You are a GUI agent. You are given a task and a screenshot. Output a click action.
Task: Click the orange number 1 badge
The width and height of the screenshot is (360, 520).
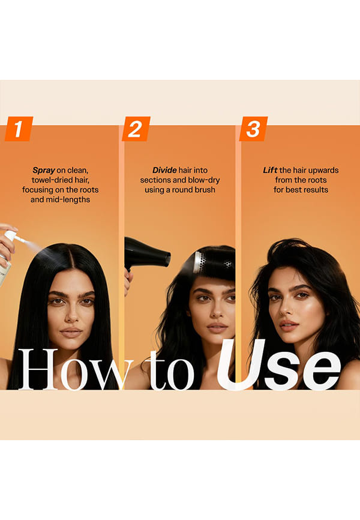point(19,128)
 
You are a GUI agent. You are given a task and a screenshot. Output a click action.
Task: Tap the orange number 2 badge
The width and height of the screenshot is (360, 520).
point(136,128)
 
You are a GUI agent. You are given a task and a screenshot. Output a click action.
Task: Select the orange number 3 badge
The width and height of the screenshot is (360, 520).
point(254,128)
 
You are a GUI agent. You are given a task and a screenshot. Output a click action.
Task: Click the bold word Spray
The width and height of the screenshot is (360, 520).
point(44,171)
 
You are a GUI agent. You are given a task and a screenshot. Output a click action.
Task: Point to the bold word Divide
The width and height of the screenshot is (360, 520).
point(164,170)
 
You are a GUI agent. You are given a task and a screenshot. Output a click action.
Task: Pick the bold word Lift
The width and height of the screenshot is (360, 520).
point(270,170)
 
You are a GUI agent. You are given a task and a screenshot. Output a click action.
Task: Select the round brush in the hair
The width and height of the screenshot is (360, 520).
point(214,262)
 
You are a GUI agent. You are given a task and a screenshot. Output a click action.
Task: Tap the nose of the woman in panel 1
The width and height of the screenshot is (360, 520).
point(71,315)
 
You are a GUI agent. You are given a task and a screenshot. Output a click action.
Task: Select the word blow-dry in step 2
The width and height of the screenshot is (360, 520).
point(204,180)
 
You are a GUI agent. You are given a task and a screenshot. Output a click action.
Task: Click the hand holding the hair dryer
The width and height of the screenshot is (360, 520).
point(128,282)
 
